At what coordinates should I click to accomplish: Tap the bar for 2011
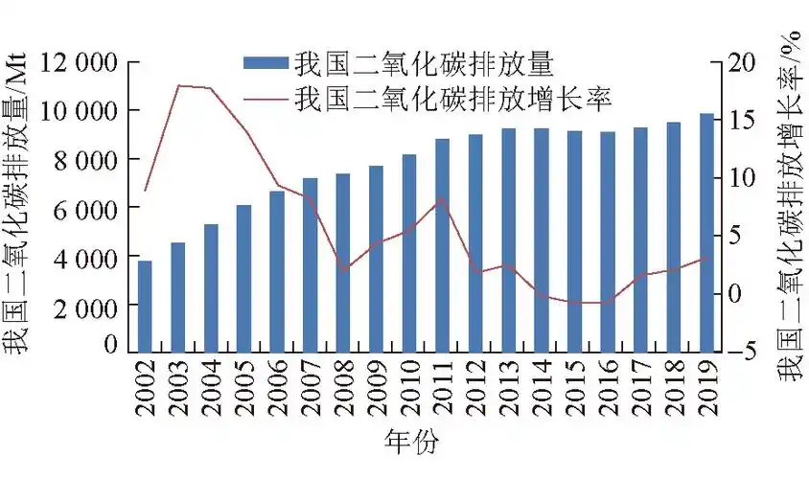(442, 245)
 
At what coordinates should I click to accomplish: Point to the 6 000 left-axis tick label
(88, 208)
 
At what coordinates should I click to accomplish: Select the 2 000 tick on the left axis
(88, 306)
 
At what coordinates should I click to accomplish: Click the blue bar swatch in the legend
(266, 64)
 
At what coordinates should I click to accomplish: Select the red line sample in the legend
(266, 98)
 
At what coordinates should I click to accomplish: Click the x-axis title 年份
(410, 442)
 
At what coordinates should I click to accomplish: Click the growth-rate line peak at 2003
(178, 86)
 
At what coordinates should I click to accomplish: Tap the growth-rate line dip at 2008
(343, 270)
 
